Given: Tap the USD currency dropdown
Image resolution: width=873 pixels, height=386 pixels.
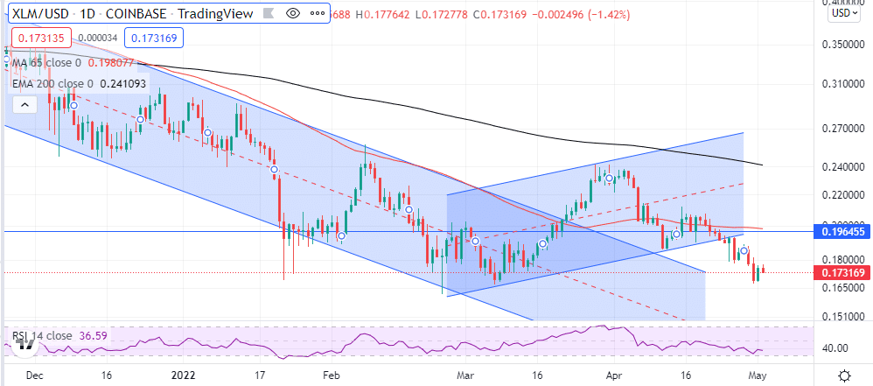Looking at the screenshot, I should coord(842,13).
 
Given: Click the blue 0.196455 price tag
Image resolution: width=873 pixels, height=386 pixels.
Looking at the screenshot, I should coord(844,231).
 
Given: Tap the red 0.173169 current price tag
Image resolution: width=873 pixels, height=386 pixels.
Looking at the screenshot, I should coord(844,273).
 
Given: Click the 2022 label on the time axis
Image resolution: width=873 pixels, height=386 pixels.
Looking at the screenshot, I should coord(183,375).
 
